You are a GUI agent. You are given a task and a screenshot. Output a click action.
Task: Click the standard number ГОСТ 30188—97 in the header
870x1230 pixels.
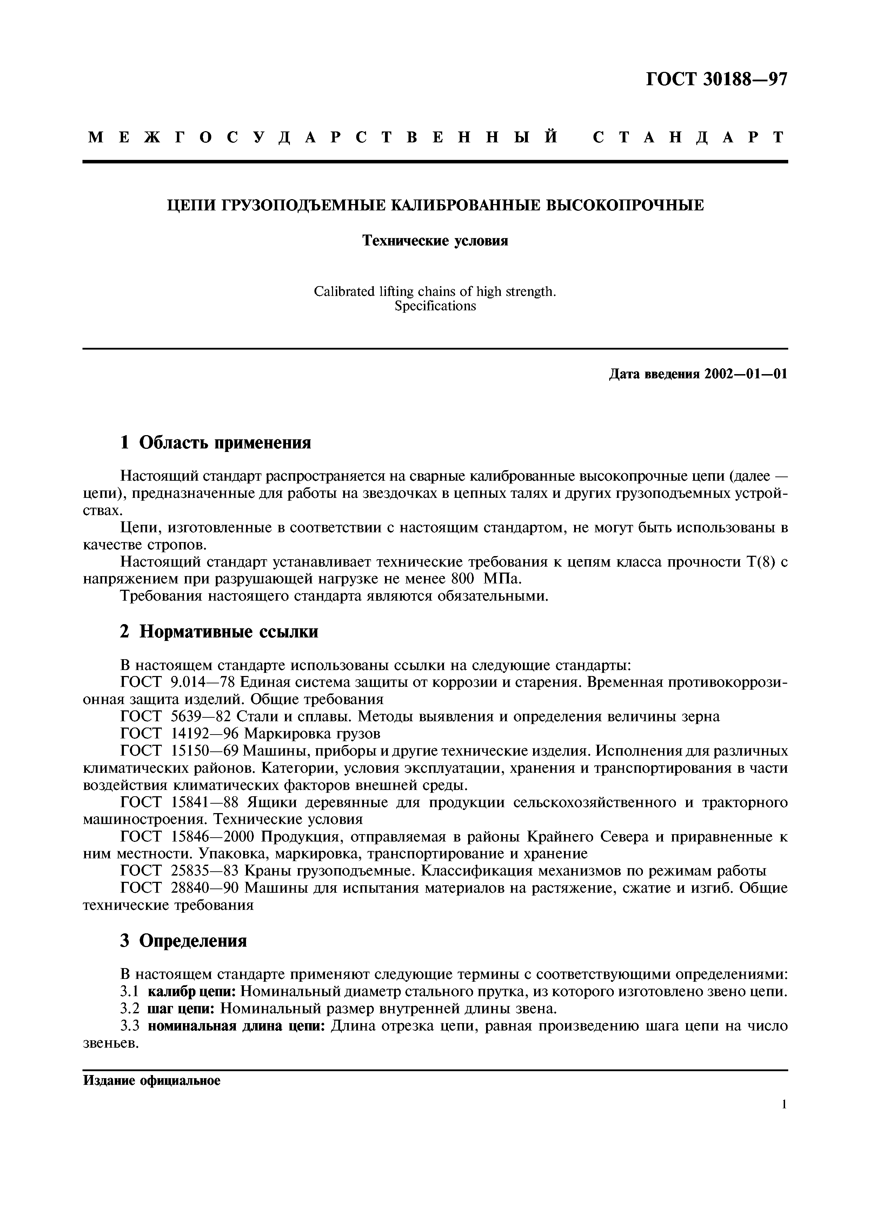click(x=717, y=79)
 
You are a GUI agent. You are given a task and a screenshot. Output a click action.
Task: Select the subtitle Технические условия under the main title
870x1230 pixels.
click(x=435, y=241)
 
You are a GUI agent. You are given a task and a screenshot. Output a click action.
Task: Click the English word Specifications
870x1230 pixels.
click(x=435, y=306)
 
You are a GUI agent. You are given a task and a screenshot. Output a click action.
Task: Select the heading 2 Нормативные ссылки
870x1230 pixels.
click(x=219, y=632)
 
